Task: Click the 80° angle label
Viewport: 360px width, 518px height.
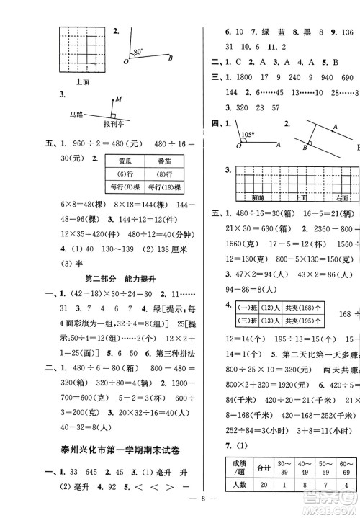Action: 138,53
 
